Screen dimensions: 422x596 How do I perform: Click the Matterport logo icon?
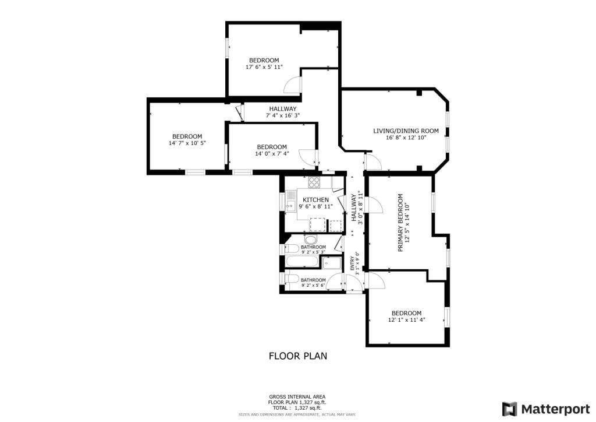coord(509,408)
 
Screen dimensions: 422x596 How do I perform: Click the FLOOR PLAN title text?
coord(297,355)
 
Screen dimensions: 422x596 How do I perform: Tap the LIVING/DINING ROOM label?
coord(406,131)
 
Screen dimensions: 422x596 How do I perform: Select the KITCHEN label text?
coord(315,200)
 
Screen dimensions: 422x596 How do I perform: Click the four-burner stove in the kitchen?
coord(314,182)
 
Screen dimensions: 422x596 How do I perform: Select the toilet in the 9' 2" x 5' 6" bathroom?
coord(290,279)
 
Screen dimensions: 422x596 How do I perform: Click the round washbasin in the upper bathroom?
coord(311,240)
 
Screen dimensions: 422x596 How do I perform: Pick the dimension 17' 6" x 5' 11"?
coord(264,67)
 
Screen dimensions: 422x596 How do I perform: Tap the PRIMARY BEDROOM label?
coord(400,223)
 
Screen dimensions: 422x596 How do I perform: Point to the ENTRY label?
coord(352,263)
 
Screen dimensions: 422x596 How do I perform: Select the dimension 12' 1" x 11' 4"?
coord(406,319)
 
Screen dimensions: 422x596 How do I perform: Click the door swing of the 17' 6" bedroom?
coord(293,85)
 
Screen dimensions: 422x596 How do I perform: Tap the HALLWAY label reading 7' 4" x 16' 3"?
coord(283,109)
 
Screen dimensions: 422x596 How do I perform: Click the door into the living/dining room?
coord(373,163)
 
